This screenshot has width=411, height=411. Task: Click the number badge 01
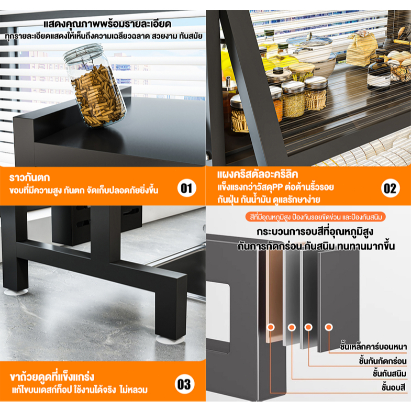point(186,188)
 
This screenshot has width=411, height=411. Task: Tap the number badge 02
point(390,188)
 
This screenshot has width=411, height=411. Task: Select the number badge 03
point(184,384)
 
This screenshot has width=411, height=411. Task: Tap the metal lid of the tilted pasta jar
point(83,54)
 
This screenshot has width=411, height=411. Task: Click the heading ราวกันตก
point(29,177)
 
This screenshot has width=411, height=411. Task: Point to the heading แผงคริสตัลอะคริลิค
point(258,174)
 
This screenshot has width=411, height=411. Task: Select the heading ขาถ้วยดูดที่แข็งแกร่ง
point(52,376)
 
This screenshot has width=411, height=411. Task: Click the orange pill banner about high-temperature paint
point(315,217)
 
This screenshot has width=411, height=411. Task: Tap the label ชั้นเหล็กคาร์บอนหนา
point(373,347)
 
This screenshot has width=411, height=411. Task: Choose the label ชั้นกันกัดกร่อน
point(383,361)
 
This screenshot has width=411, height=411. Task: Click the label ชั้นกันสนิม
point(390,374)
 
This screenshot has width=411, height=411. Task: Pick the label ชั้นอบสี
point(393,387)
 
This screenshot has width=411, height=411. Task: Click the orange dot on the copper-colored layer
point(271,327)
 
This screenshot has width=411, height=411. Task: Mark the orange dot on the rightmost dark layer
point(328,327)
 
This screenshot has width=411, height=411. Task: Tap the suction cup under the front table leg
point(170,340)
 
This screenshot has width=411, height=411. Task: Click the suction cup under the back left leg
point(16,292)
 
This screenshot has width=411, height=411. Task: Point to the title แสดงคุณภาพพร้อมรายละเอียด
point(107,24)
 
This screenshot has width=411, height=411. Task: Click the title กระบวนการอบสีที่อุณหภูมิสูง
point(315,232)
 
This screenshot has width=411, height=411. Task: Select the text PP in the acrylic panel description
point(278,187)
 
